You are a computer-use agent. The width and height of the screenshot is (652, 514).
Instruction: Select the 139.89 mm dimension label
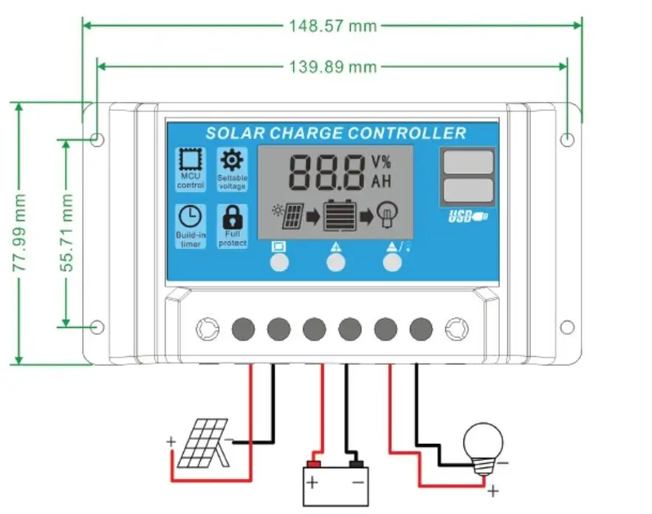coord(332,67)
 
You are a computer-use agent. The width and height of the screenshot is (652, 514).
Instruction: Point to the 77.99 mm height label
coord(20,233)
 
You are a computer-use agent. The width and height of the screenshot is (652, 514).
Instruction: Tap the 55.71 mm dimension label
coord(68,233)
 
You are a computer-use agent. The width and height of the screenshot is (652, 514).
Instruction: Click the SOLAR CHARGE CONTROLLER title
coord(336,134)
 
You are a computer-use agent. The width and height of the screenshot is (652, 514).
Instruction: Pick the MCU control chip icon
coord(190,160)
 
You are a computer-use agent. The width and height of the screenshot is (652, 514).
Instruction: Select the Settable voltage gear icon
coord(232,159)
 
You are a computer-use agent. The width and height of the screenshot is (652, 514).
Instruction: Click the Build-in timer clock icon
coord(190,216)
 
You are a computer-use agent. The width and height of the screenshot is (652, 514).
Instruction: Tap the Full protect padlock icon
coord(232,216)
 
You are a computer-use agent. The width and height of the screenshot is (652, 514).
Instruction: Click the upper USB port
coord(468,162)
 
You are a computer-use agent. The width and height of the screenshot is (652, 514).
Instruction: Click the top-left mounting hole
coord(97,139)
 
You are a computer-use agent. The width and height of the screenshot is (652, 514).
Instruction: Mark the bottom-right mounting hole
coord(566,327)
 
